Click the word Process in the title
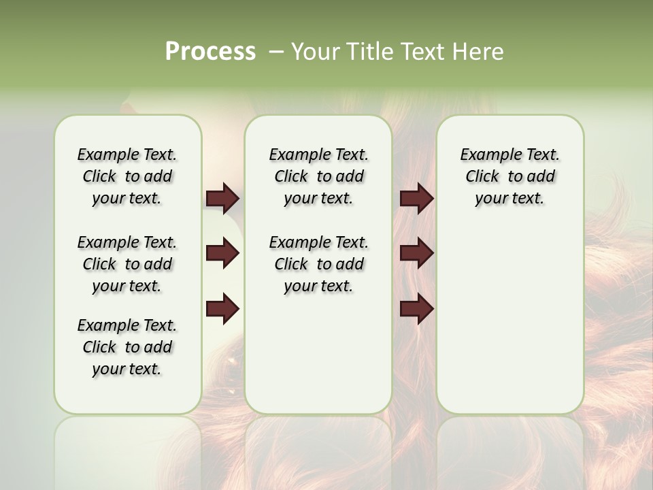click(x=210, y=52)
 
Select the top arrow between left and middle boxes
click(x=222, y=198)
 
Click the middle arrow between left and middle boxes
click(x=222, y=253)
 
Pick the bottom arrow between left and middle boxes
click(x=222, y=309)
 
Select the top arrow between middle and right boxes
click(x=416, y=198)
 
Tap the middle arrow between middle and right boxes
click(x=416, y=253)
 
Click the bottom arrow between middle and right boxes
click(x=416, y=309)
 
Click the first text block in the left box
click(x=127, y=176)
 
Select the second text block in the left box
click(x=127, y=264)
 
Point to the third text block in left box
click(x=127, y=347)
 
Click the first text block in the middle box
click(x=318, y=176)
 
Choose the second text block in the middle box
click(x=318, y=264)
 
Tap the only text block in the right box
click(x=509, y=176)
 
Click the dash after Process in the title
click(x=276, y=52)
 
